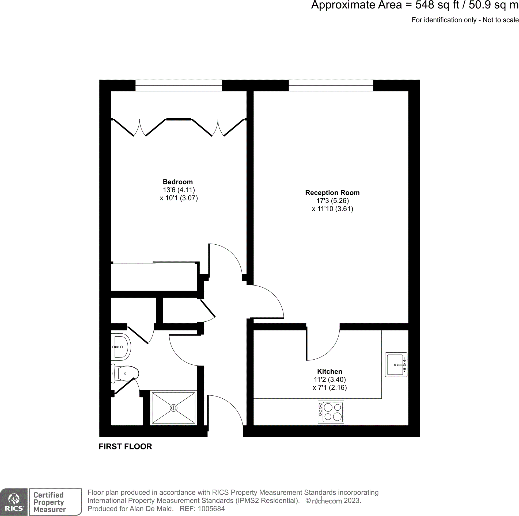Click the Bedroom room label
(177, 182)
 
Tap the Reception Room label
(332, 192)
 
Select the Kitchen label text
(329, 371)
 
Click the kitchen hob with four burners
(331, 412)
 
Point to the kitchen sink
(396, 365)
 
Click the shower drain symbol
(173, 408)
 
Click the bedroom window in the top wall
(178, 85)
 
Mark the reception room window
(331, 85)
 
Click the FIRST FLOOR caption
(125, 446)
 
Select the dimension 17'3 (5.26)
(332, 201)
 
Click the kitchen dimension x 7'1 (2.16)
(329, 387)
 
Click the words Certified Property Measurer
(49, 502)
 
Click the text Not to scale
(501, 20)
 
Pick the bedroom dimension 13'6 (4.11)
(179, 190)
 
